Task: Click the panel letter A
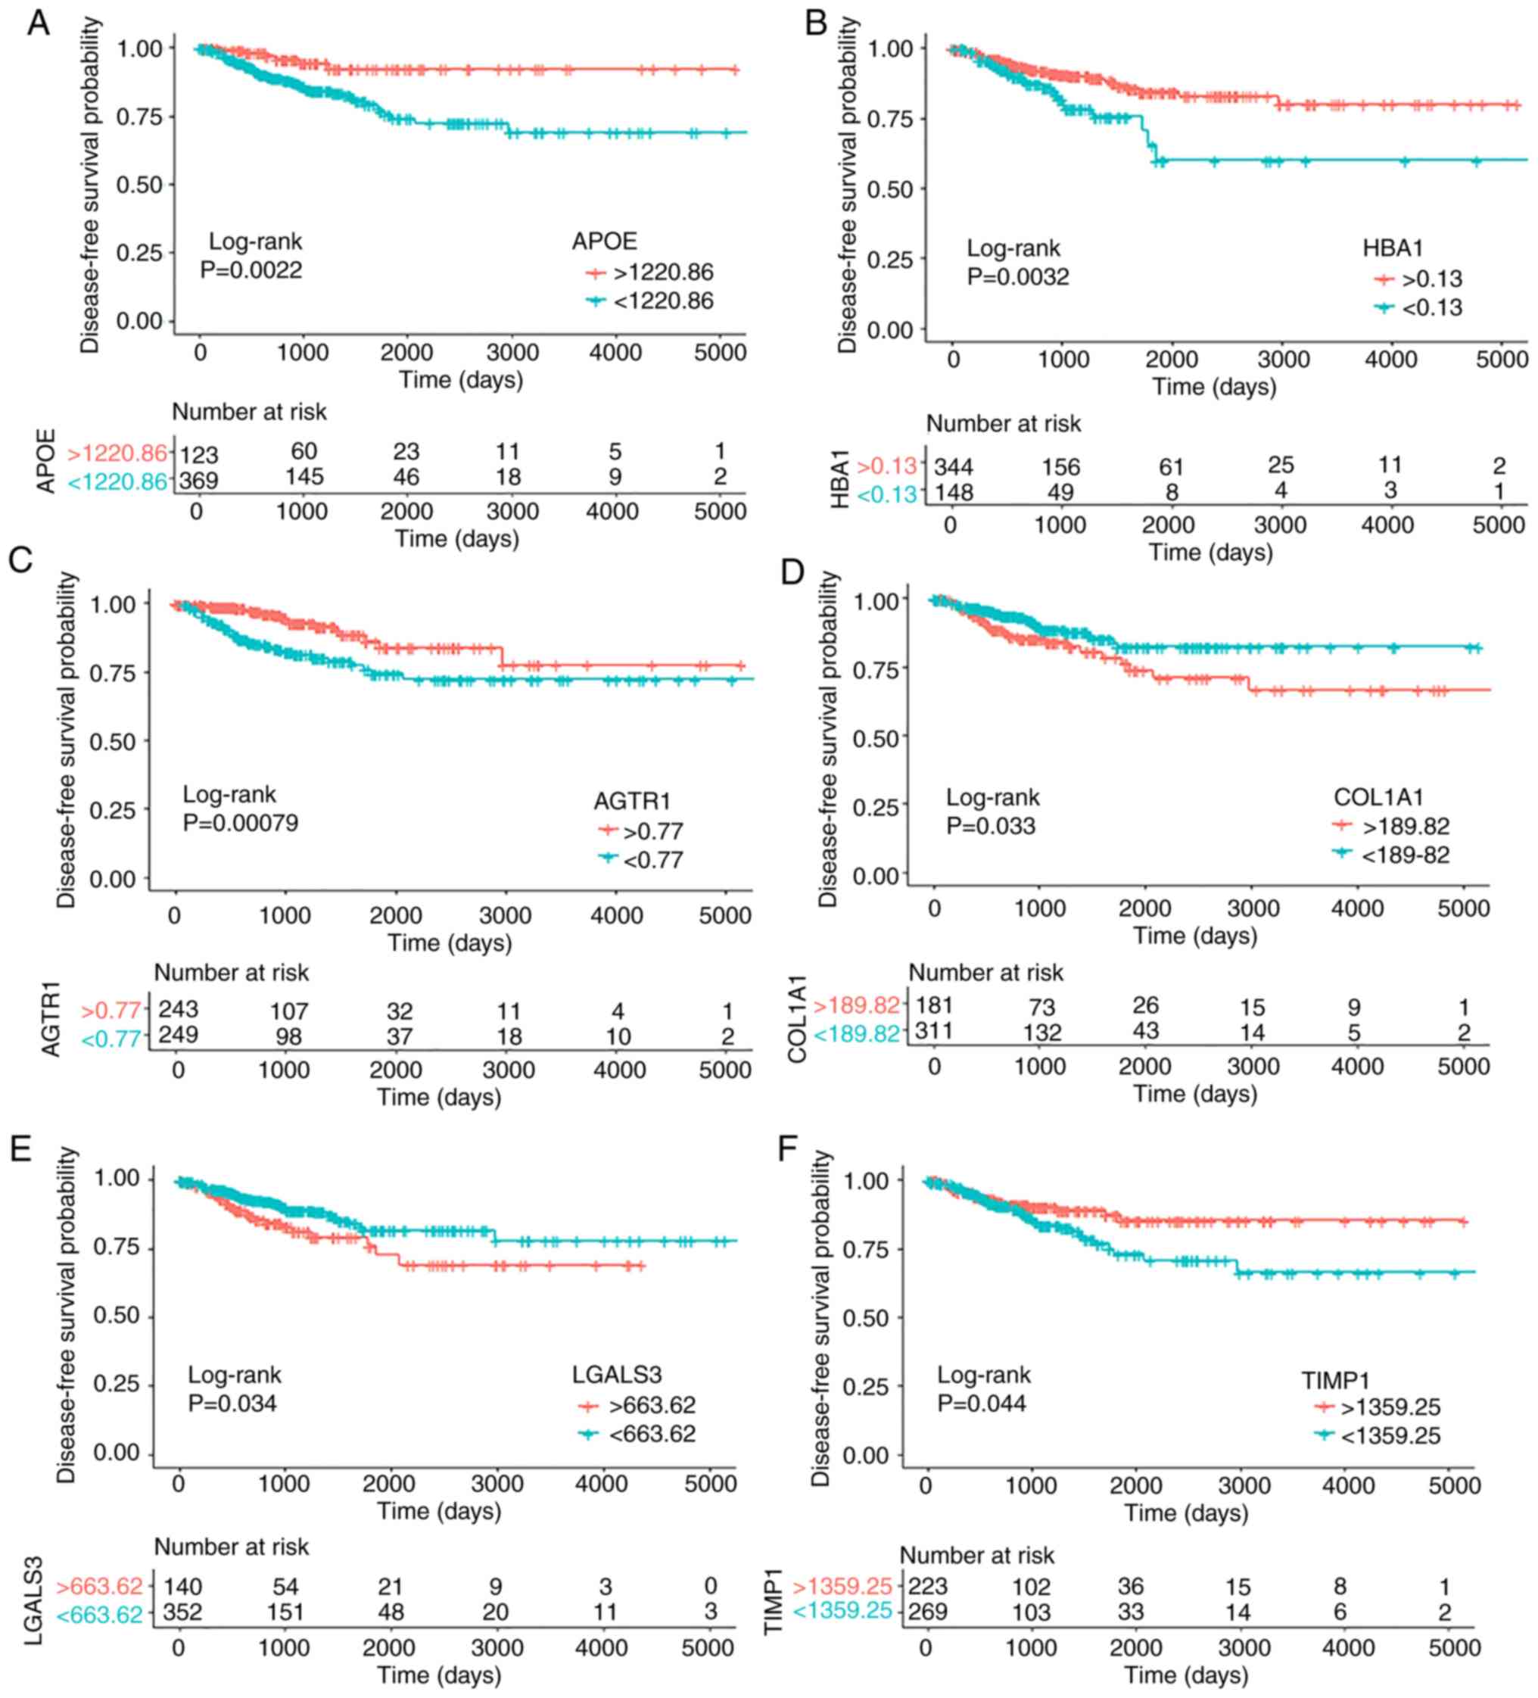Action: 38,23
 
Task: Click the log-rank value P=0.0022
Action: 251,270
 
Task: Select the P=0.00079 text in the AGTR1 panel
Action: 240,823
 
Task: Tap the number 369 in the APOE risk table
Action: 199,480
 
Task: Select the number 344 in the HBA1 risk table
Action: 954,466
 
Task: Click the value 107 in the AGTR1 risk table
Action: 289,1011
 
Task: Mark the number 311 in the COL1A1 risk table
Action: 934,1031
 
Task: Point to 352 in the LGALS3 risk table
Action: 182,1612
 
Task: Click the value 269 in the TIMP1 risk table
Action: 928,1612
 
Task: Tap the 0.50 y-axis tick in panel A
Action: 139,185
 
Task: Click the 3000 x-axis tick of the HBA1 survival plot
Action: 1283,360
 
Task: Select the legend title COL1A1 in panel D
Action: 1378,798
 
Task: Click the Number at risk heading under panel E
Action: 232,1547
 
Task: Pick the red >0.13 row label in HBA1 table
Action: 887,466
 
